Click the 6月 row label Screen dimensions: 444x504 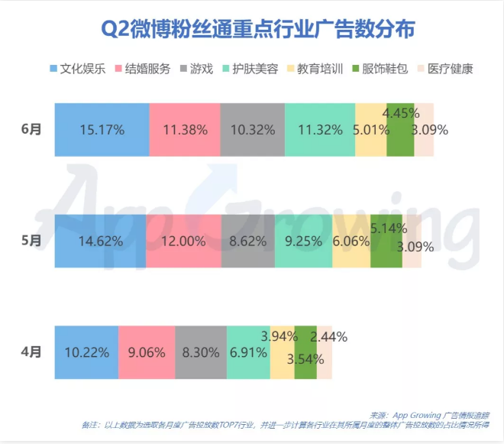31,129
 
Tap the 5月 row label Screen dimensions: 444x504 31,241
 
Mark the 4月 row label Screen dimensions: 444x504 31,352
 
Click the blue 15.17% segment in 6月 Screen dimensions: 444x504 102,129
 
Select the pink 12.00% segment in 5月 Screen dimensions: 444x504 183,241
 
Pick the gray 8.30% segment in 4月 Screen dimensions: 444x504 201,352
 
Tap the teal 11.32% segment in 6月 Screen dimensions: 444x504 319,129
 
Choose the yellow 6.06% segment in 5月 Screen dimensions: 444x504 351,241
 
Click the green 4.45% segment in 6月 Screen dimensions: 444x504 400,129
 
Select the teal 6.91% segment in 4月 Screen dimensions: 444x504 248,352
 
